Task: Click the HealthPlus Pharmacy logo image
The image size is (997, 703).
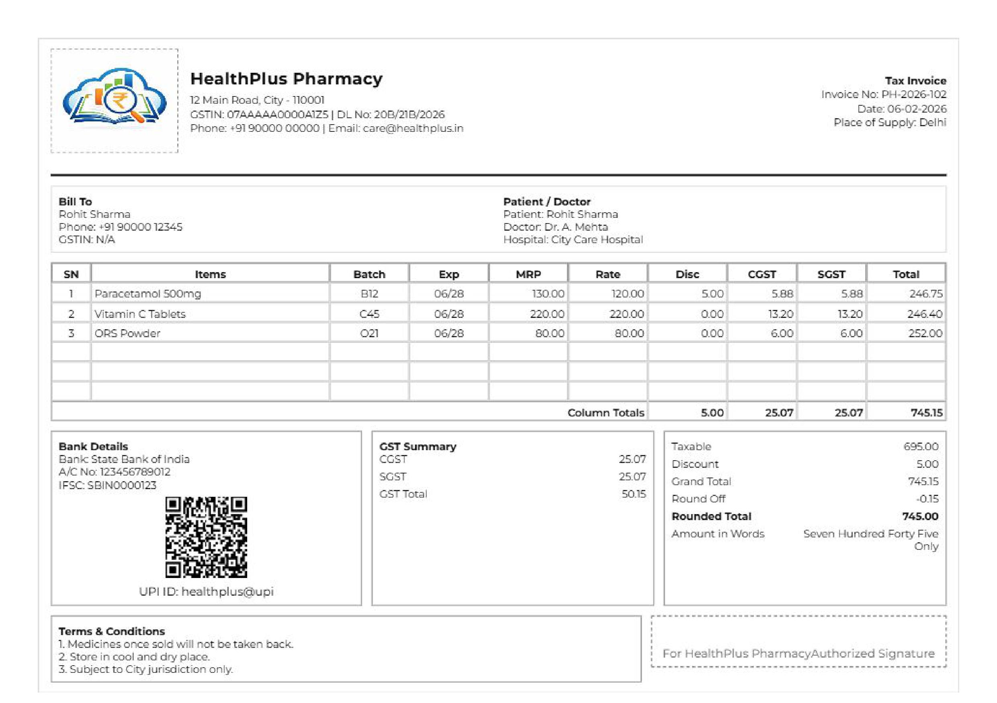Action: click(x=114, y=100)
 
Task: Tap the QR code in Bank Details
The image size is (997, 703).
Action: click(x=206, y=537)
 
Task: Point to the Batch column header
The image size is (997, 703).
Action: click(x=369, y=274)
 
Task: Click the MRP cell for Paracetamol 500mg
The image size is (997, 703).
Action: click(x=548, y=294)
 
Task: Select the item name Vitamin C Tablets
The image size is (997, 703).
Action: click(x=140, y=314)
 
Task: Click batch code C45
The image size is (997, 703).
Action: click(x=369, y=314)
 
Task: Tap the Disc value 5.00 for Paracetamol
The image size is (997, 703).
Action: click(x=712, y=294)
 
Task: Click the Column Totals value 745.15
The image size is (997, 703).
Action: click(x=926, y=412)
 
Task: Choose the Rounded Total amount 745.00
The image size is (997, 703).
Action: click(x=920, y=516)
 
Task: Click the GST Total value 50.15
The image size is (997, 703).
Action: click(x=634, y=494)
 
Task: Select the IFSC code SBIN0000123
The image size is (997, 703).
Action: click(x=122, y=486)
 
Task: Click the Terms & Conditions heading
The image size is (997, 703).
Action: click(x=112, y=631)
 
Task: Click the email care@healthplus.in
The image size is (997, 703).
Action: click(x=413, y=129)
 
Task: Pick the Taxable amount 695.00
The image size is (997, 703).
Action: click(x=921, y=447)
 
